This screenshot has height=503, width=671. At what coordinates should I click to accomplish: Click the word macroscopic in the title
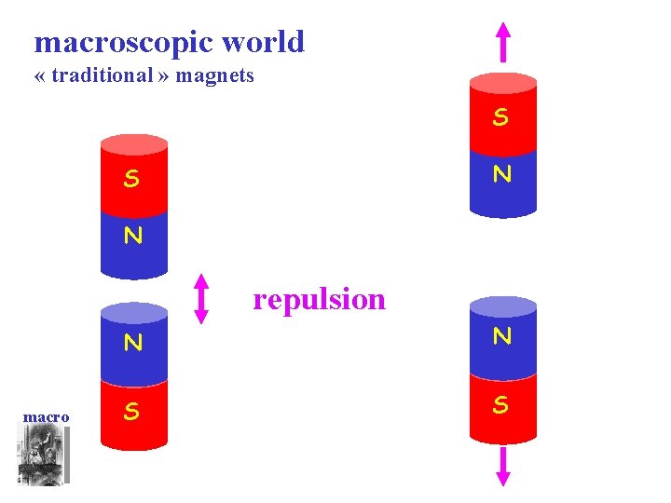(123, 43)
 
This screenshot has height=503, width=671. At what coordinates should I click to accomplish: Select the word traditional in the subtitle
(102, 75)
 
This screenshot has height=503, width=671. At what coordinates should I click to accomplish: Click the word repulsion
(319, 299)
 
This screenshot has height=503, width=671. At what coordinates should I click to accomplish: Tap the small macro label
(46, 416)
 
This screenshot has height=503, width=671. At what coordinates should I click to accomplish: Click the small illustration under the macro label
(43, 455)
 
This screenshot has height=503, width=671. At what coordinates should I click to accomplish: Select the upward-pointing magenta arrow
(503, 42)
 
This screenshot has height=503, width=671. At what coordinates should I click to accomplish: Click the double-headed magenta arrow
(201, 299)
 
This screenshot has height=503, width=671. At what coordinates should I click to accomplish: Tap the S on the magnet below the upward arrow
(501, 117)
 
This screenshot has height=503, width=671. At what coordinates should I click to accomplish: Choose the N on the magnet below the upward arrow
(502, 174)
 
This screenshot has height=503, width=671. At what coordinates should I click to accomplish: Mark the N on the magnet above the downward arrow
(502, 336)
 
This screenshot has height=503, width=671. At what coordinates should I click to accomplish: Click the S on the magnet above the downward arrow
(501, 405)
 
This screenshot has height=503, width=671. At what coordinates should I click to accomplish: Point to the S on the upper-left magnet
(132, 179)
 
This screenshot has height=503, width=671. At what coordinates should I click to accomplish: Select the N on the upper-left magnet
(133, 236)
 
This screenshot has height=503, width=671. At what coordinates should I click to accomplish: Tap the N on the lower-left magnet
(133, 343)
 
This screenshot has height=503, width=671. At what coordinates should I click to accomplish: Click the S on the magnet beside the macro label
(132, 412)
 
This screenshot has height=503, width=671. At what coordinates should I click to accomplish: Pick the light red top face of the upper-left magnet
(133, 143)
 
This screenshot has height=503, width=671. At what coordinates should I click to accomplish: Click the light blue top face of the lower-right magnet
(503, 306)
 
